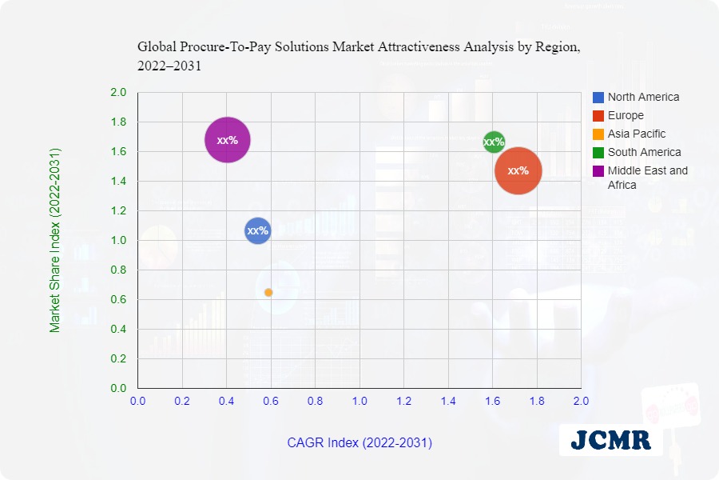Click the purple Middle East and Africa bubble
(228, 140)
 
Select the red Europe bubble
(518, 170)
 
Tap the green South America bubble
(494, 142)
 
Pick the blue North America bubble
(257, 231)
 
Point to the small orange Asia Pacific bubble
(268, 293)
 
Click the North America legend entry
(643, 97)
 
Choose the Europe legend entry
(626, 115)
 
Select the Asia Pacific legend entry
(636, 134)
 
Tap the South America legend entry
(644, 152)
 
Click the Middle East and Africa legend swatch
(598, 170)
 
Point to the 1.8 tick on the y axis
(118, 122)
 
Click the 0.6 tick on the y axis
(118, 300)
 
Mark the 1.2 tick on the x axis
(404, 400)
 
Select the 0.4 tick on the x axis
(227, 400)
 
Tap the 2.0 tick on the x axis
(581, 400)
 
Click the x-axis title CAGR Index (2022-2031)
(359, 442)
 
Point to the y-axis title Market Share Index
(55, 240)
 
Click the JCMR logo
(611, 439)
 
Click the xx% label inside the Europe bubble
(518, 170)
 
